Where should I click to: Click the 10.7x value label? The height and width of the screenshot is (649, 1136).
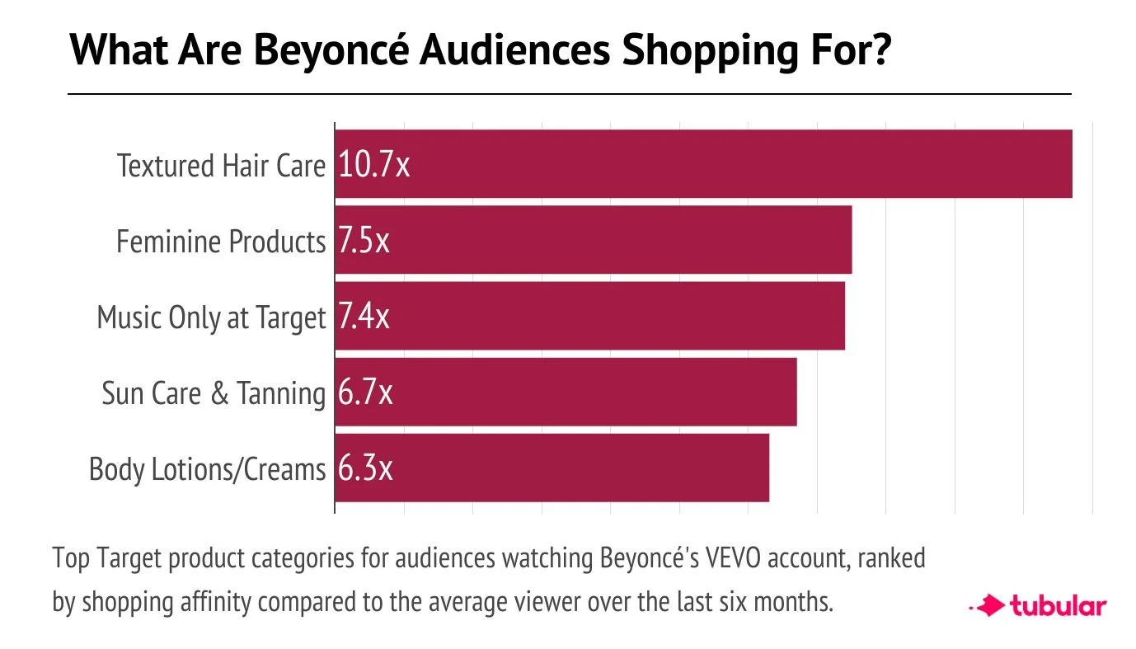[373, 166]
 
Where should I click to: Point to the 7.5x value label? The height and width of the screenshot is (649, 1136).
[364, 242]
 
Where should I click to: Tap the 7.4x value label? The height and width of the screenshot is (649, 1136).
[364, 317]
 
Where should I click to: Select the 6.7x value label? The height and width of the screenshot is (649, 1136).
[364, 393]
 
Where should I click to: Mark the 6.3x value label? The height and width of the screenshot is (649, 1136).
[364, 469]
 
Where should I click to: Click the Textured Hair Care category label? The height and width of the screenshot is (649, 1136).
[222, 166]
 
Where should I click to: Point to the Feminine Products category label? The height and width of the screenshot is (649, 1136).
[221, 242]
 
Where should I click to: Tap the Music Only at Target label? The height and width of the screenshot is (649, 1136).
[212, 317]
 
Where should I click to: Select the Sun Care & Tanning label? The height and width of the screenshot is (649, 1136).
[214, 393]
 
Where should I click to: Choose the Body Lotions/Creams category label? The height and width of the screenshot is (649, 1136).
[208, 469]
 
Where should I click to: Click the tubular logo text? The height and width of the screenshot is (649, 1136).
[1058, 607]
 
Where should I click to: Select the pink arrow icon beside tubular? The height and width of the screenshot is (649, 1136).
[988, 607]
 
